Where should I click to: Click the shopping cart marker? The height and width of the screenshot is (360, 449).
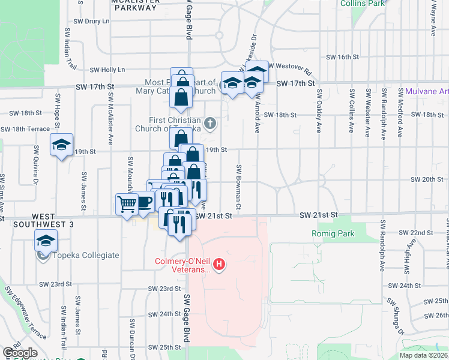(127, 205)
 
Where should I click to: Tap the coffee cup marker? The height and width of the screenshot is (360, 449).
(144, 203)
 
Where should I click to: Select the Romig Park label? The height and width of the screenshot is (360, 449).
(333, 234)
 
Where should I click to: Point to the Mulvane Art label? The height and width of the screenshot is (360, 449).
(427, 92)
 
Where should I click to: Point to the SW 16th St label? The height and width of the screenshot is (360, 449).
(342, 57)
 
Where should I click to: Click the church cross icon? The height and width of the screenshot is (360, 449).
(209, 124)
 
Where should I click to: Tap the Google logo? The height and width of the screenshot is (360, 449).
(20, 353)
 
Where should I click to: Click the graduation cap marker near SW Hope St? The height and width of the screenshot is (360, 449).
(61, 145)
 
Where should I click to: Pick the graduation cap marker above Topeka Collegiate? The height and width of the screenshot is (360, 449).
(46, 241)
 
